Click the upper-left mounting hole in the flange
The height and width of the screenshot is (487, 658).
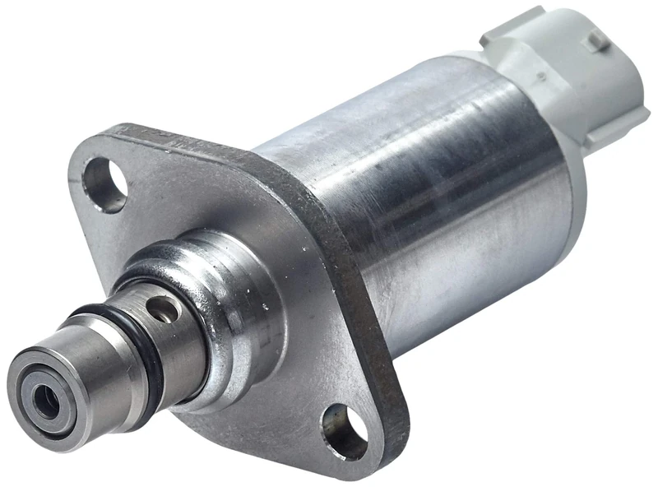point(106,182)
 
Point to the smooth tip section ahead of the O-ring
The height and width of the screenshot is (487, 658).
point(90,362)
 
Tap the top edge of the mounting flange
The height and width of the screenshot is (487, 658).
point(206,137)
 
